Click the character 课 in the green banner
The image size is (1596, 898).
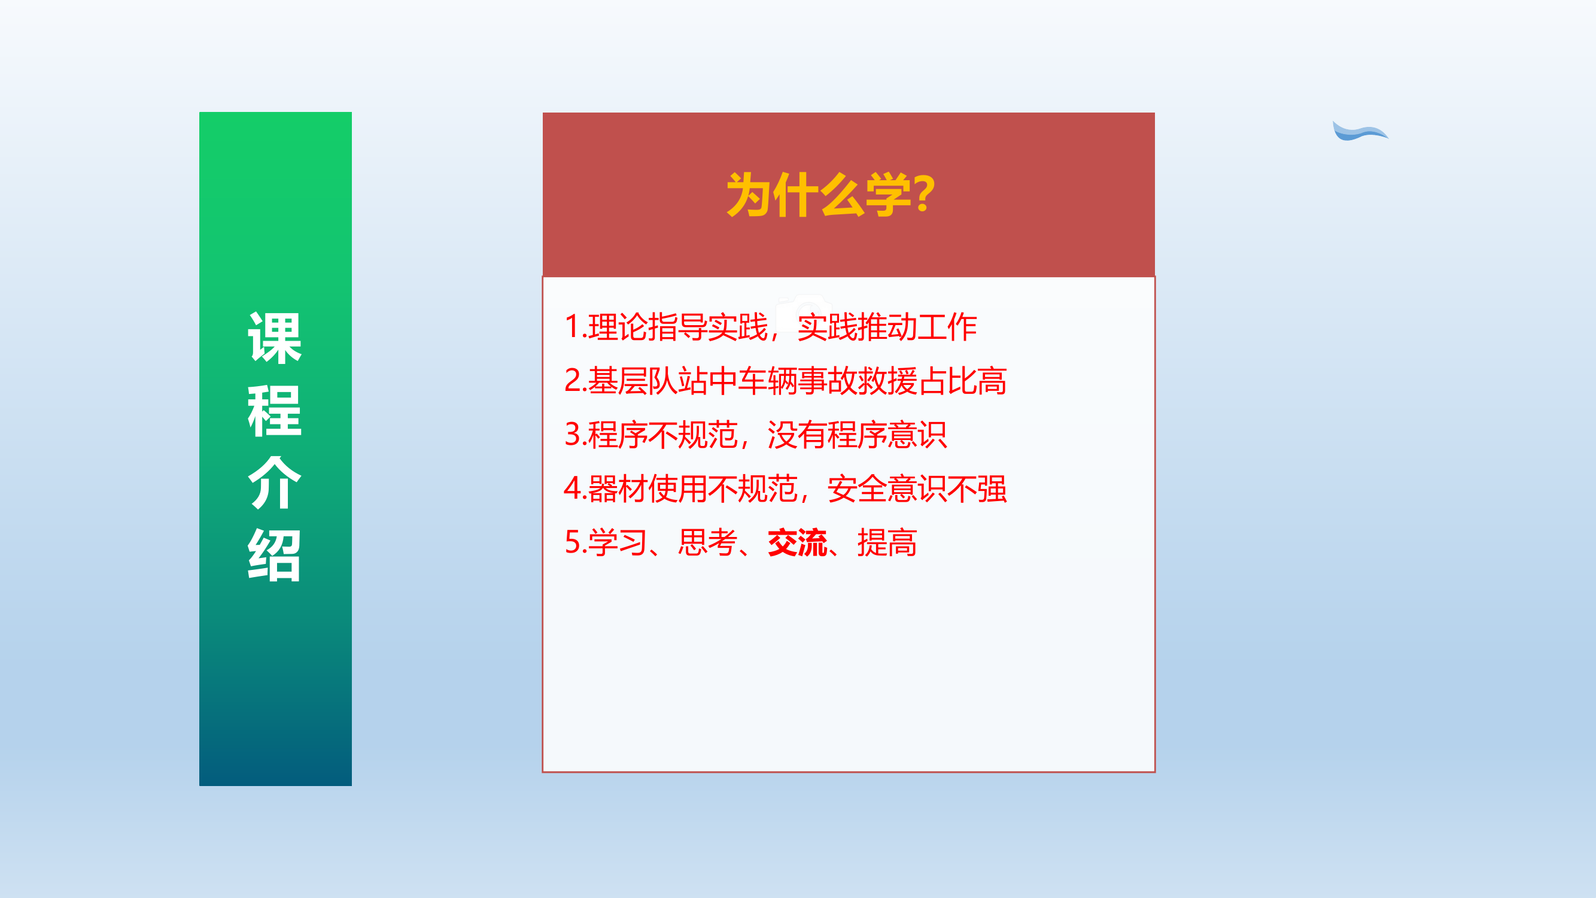coord(275,338)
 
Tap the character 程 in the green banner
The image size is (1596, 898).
coord(275,410)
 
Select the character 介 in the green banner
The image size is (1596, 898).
coord(275,483)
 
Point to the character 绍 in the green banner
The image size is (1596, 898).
coord(275,556)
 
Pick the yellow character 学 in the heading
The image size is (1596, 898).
coord(889,195)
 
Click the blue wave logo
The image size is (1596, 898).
coord(1360,131)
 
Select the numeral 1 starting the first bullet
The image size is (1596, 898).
coord(572,327)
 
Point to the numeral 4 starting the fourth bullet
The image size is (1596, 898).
coord(572,489)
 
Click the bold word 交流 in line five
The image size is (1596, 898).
coord(797,543)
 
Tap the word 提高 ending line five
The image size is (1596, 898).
coord(887,543)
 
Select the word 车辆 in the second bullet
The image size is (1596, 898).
coord(767,381)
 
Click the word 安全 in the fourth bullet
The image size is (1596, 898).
coord(857,489)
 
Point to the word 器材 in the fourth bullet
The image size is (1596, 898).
coord(617,489)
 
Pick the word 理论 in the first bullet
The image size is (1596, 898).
coord(617,327)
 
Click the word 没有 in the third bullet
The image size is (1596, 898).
coord(797,435)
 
